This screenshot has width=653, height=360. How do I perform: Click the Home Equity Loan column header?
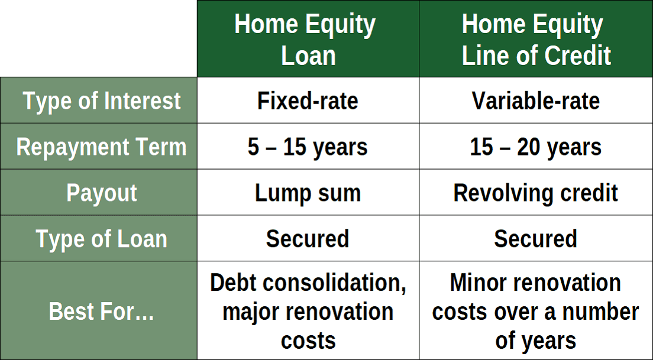308,40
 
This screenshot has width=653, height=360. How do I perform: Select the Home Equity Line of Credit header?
535,40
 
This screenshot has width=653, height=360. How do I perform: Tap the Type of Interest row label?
102,101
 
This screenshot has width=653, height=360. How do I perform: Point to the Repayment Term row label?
102,147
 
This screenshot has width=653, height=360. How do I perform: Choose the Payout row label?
102,193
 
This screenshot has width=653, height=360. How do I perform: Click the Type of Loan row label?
102,239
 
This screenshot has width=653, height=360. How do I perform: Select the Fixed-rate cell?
308,101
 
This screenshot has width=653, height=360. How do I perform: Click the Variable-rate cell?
535,101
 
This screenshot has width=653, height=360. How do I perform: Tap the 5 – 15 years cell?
308,147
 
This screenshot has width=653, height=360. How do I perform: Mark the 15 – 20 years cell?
535,147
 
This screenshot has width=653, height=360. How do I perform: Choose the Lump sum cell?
308,193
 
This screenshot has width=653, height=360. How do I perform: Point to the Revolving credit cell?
535,193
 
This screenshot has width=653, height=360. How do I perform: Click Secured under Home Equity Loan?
308,239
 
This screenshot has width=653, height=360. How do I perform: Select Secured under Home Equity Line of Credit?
535,239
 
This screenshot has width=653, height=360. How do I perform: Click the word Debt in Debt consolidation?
234,283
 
